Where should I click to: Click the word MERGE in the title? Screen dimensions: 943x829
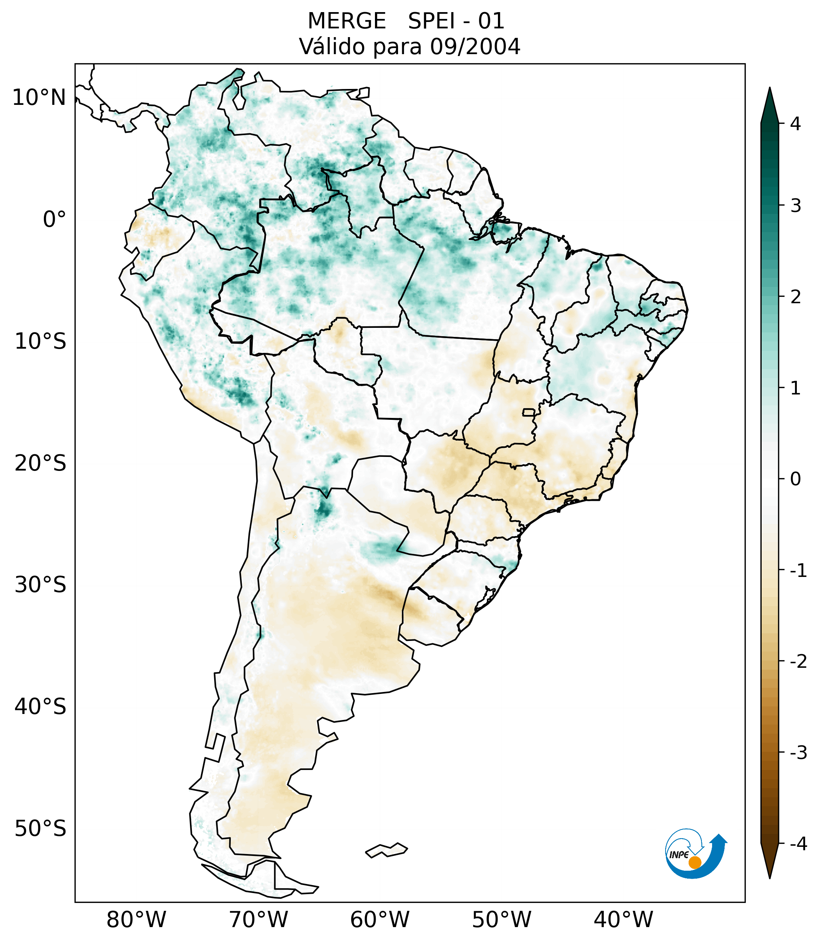click(x=346, y=21)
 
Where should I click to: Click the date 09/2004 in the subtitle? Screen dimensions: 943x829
click(x=475, y=47)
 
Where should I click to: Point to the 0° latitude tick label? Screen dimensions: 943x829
click(x=54, y=220)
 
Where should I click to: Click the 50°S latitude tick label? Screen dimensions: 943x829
click(x=40, y=829)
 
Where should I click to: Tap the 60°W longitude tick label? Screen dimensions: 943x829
click(x=380, y=920)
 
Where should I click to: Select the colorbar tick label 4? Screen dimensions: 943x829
click(x=795, y=124)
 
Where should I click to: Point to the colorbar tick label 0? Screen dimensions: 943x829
click(x=795, y=479)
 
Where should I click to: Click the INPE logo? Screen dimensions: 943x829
click(x=695, y=854)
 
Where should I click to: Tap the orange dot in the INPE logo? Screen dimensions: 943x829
click(x=694, y=862)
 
